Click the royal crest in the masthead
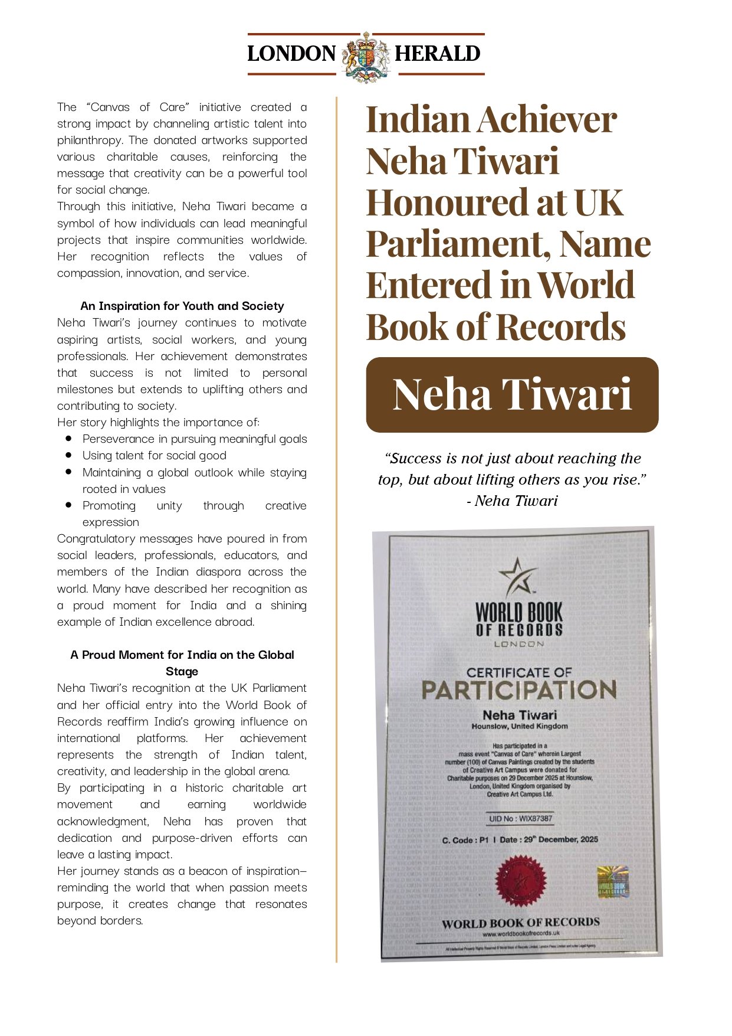(x=366, y=57)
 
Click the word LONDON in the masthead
(x=291, y=54)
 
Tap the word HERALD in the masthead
(x=437, y=54)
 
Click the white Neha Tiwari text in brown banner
(x=512, y=394)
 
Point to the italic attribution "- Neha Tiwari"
(x=512, y=501)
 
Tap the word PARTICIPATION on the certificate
(x=519, y=690)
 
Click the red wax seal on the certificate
(x=521, y=881)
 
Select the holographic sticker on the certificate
(x=613, y=883)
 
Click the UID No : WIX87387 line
(x=520, y=819)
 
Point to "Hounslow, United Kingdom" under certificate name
(x=520, y=727)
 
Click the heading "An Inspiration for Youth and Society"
(x=182, y=306)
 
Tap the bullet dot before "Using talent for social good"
(x=69, y=455)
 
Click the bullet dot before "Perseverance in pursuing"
(x=69, y=439)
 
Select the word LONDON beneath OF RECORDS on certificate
(x=519, y=644)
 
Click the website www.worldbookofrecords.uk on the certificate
(x=521, y=933)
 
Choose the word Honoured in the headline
(x=447, y=202)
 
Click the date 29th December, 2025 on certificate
(x=561, y=839)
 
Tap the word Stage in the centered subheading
(x=182, y=672)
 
